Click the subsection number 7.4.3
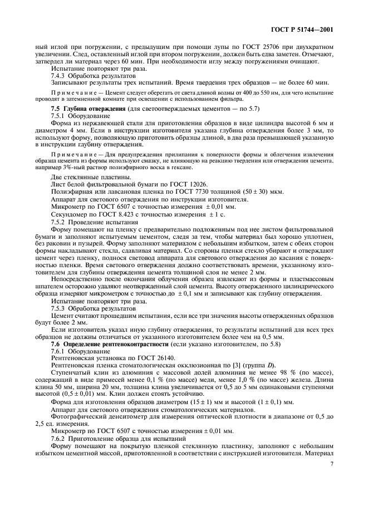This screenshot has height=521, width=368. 60,75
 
